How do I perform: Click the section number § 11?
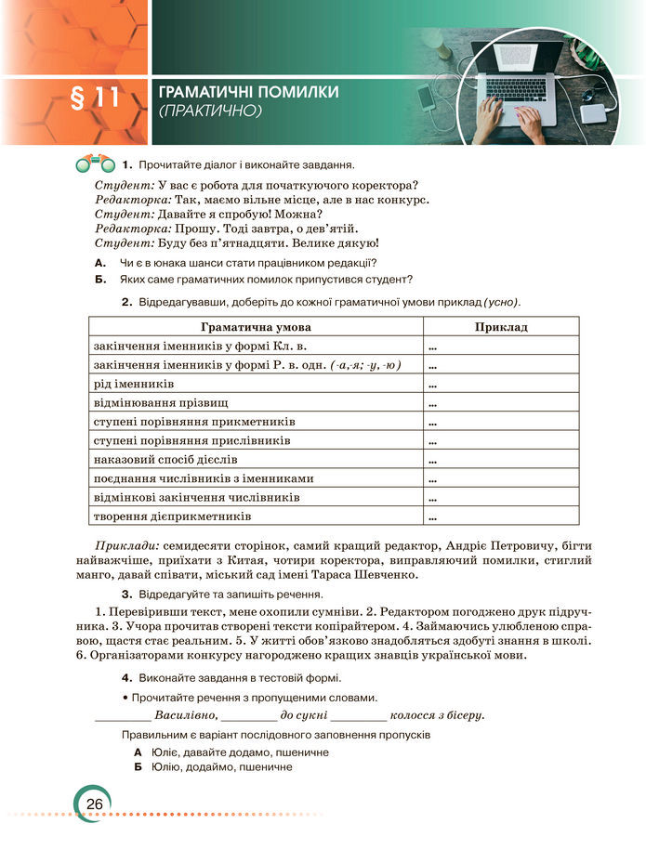tap(95, 98)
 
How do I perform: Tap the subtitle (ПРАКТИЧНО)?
tap(212, 111)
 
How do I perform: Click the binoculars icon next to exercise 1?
tap(93, 164)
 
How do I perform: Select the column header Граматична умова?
tap(256, 327)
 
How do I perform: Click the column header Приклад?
tap(500, 327)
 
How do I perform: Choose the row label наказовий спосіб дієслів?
tap(166, 460)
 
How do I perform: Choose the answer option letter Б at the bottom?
tap(138, 767)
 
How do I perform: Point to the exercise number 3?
tap(125, 594)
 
